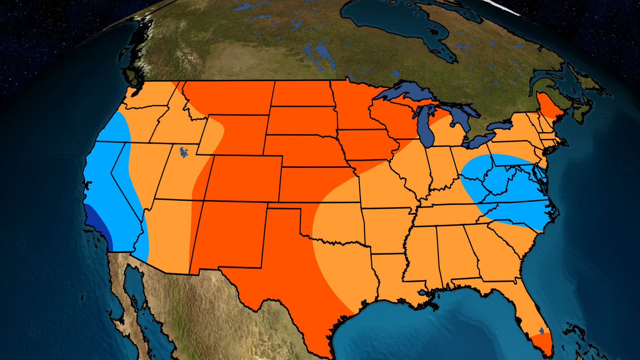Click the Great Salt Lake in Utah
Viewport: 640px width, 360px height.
[183, 152]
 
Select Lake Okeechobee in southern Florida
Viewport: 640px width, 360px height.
[542, 331]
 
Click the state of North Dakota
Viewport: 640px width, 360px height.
[302, 93]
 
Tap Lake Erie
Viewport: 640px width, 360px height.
[480, 140]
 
